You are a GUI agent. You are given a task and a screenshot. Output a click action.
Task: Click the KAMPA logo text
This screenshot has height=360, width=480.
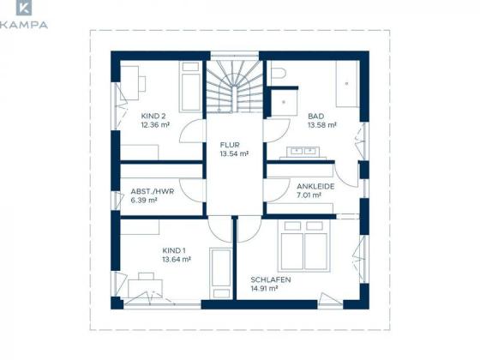coord(24,25)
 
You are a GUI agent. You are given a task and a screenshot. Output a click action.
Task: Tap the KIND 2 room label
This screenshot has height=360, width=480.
coord(153,116)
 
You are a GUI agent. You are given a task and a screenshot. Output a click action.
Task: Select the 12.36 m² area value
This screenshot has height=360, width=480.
coord(155,125)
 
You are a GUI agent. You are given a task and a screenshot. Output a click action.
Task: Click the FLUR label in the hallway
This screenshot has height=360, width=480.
coord(230,145)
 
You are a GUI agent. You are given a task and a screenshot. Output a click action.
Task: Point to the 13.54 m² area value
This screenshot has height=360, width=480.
coord(234,153)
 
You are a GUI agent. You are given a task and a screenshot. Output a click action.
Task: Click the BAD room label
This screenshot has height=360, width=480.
coord(316,117)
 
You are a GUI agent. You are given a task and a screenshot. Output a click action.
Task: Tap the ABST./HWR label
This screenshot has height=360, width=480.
coord(153,192)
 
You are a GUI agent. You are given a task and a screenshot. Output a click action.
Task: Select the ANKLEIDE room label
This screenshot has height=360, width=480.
coord(315,186)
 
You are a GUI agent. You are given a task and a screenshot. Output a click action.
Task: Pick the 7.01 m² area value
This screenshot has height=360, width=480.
coord(309,195)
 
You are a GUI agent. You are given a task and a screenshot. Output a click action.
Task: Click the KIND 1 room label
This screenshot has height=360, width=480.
coord(174,250)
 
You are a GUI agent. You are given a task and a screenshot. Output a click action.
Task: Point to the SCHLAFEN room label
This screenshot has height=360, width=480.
coord(271,279)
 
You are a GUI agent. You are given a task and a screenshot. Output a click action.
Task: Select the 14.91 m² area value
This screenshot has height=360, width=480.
coord(264,288)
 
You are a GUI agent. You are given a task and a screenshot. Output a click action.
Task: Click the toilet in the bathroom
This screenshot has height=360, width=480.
coord(278,74)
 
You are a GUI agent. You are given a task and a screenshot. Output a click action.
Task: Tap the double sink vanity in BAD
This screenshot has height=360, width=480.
coord(303,153)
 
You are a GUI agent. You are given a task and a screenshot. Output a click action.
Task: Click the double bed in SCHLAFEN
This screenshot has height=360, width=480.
coord(304,246)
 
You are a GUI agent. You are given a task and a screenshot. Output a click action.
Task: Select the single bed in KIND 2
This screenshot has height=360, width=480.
coord(190,87)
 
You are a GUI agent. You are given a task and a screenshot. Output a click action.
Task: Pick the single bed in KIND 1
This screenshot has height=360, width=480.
coord(221,273)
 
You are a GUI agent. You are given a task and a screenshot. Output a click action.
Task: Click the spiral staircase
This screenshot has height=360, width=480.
coord(235,87)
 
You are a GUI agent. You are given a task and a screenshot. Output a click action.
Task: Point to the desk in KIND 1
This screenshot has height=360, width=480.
coord(146,288)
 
